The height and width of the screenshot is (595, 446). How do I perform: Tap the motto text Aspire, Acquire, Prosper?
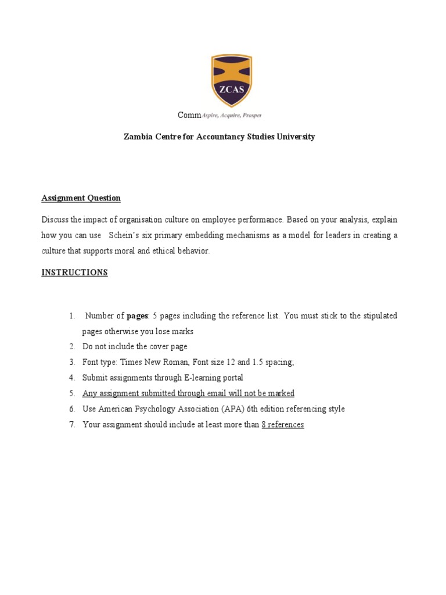(x=231, y=116)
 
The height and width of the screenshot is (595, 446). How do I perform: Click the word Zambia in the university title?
(x=138, y=137)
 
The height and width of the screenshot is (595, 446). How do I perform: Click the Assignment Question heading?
(x=81, y=198)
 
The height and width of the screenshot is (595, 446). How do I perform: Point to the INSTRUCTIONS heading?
(x=74, y=273)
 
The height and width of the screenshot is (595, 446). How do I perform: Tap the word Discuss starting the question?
(x=55, y=220)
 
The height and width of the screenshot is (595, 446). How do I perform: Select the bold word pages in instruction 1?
(x=137, y=316)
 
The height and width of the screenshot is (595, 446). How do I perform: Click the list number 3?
(x=72, y=362)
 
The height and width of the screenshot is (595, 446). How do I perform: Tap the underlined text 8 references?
(x=282, y=425)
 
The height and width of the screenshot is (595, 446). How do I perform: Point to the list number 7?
(x=72, y=425)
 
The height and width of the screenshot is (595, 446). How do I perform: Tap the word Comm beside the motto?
(x=189, y=115)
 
